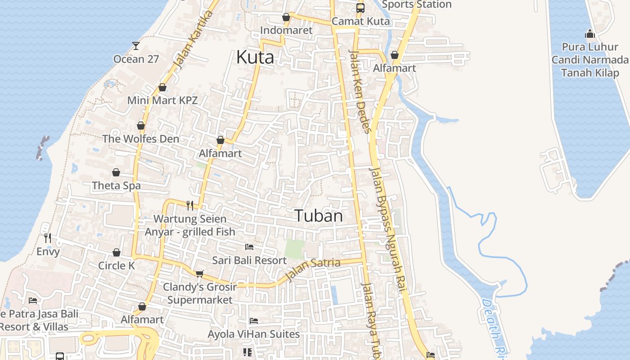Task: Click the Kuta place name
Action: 255,57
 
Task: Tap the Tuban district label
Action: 319,216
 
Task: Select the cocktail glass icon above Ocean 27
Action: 135,45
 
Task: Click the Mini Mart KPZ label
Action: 162,100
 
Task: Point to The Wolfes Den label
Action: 140,139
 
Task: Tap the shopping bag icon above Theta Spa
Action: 116,172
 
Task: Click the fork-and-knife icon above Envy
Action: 48,238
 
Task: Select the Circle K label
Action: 117,265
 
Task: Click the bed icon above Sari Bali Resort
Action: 249,247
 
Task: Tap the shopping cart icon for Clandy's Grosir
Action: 200,274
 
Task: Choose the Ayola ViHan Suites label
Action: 253,334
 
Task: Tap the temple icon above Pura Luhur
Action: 589,34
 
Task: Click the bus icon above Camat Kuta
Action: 360,8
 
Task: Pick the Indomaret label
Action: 286,31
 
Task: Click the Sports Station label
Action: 416,5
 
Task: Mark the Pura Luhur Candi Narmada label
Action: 589,60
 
